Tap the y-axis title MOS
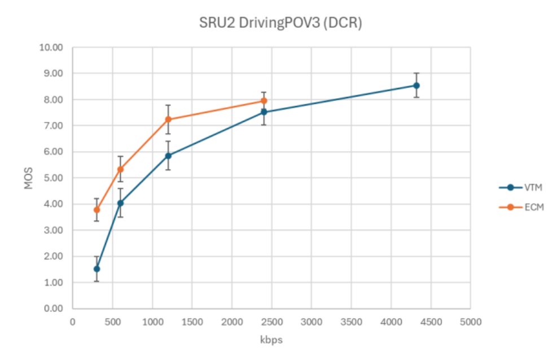click(29, 178)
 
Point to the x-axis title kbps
click(271, 340)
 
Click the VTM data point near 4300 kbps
click(416, 86)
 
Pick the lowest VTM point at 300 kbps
click(97, 269)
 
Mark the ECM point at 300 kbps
click(97, 210)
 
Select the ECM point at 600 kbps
click(120, 169)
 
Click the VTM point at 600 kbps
click(120, 203)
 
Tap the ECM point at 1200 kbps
click(168, 120)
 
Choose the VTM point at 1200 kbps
click(168, 156)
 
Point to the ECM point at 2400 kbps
click(264, 101)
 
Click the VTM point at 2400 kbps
click(264, 112)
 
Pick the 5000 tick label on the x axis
click(470, 322)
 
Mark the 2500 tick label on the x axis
click(271, 322)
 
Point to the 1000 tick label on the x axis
click(152, 322)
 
